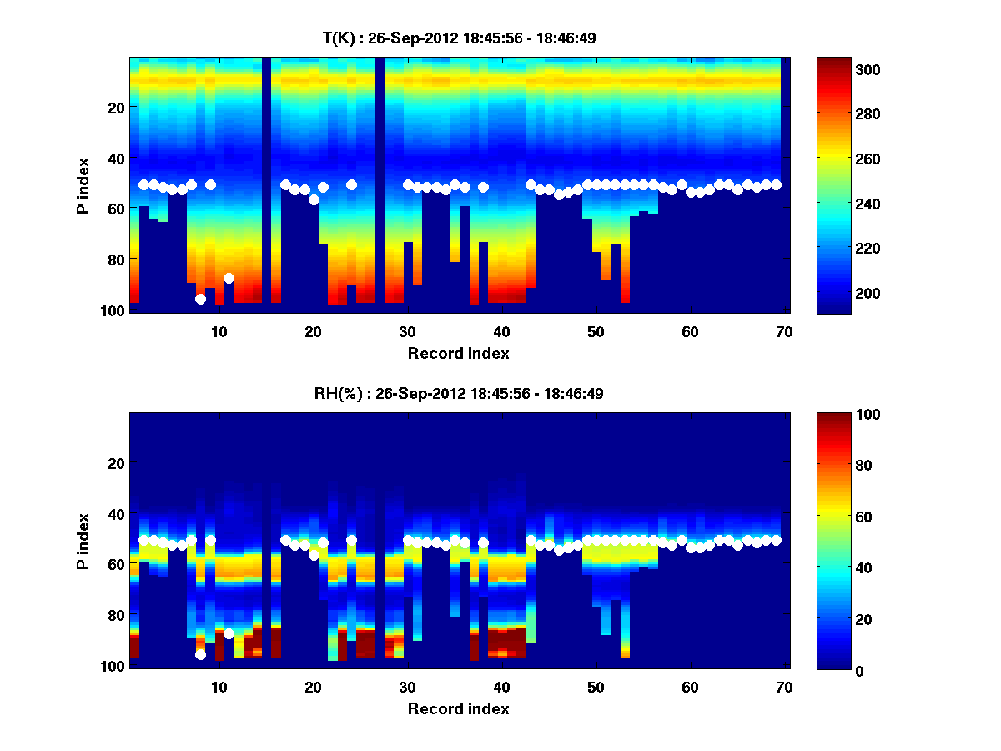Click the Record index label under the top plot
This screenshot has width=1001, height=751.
pyautogui.click(x=458, y=353)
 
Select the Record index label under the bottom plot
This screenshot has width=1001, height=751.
pyautogui.click(x=458, y=708)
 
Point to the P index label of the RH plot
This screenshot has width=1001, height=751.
pyautogui.click(x=83, y=542)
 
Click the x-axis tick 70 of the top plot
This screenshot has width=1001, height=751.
pyautogui.click(x=783, y=331)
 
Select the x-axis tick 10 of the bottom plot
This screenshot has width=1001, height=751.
pyautogui.click(x=219, y=687)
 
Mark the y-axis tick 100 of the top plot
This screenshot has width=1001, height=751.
pyautogui.click(x=114, y=310)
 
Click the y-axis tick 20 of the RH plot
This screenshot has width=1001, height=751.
pyautogui.click(x=118, y=463)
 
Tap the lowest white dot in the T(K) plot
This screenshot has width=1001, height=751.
pyautogui.click(x=200, y=299)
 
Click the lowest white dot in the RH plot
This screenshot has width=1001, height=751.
pyautogui.click(x=200, y=655)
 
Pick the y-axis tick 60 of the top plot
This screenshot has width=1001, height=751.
pyautogui.click(x=118, y=209)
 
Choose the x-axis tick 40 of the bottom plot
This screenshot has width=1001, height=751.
pyautogui.click(x=501, y=687)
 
